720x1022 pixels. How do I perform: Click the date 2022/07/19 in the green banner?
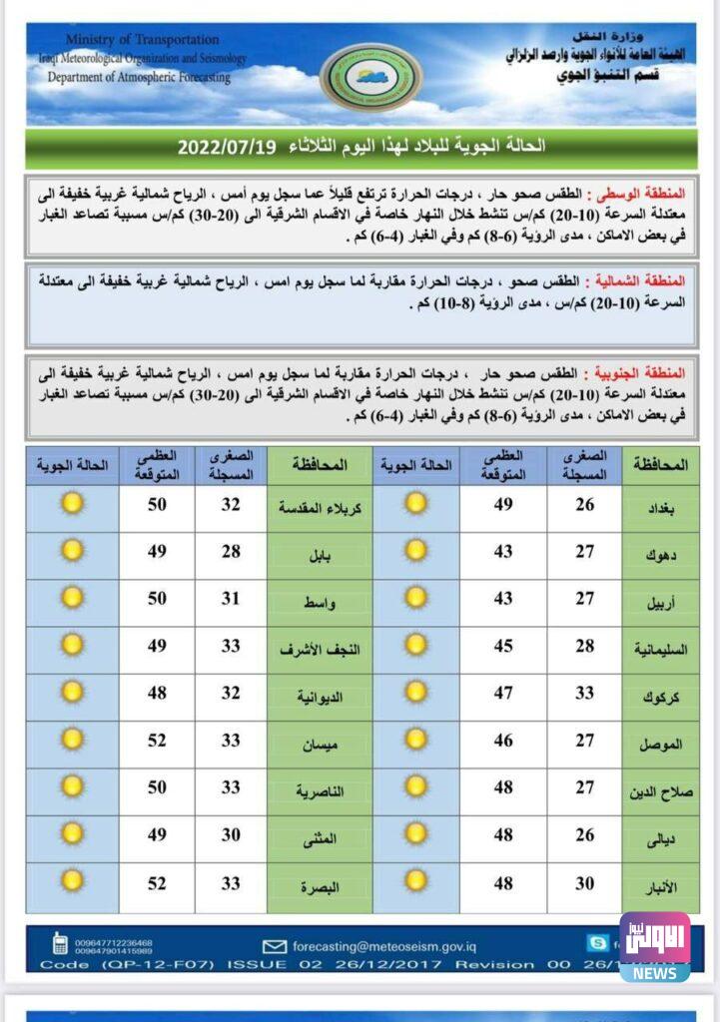point(228,148)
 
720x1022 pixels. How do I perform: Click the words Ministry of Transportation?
point(142,40)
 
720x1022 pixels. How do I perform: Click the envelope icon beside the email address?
point(274,946)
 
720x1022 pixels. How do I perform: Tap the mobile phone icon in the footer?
point(61,943)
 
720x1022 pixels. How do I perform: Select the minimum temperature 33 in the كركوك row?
point(584,694)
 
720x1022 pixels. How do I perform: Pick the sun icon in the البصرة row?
point(72,881)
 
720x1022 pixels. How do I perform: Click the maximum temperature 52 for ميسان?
point(158,741)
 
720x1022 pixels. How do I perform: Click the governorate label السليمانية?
point(656,650)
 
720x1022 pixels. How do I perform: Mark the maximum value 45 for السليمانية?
point(502,647)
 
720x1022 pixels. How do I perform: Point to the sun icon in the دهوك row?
point(416,551)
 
